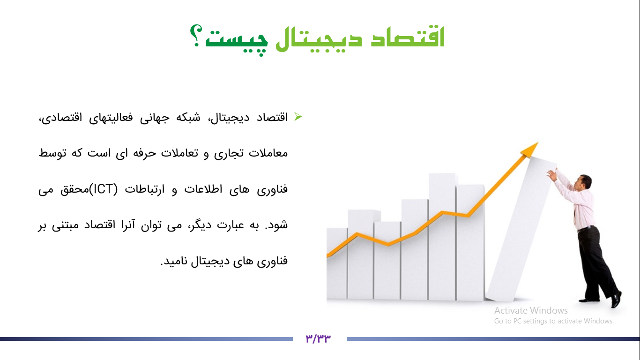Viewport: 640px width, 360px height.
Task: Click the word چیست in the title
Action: click(237, 39)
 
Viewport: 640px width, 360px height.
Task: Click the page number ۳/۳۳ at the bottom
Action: click(319, 338)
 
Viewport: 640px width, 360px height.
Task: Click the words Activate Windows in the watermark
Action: click(531, 310)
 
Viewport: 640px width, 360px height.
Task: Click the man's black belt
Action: click(586, 229)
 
